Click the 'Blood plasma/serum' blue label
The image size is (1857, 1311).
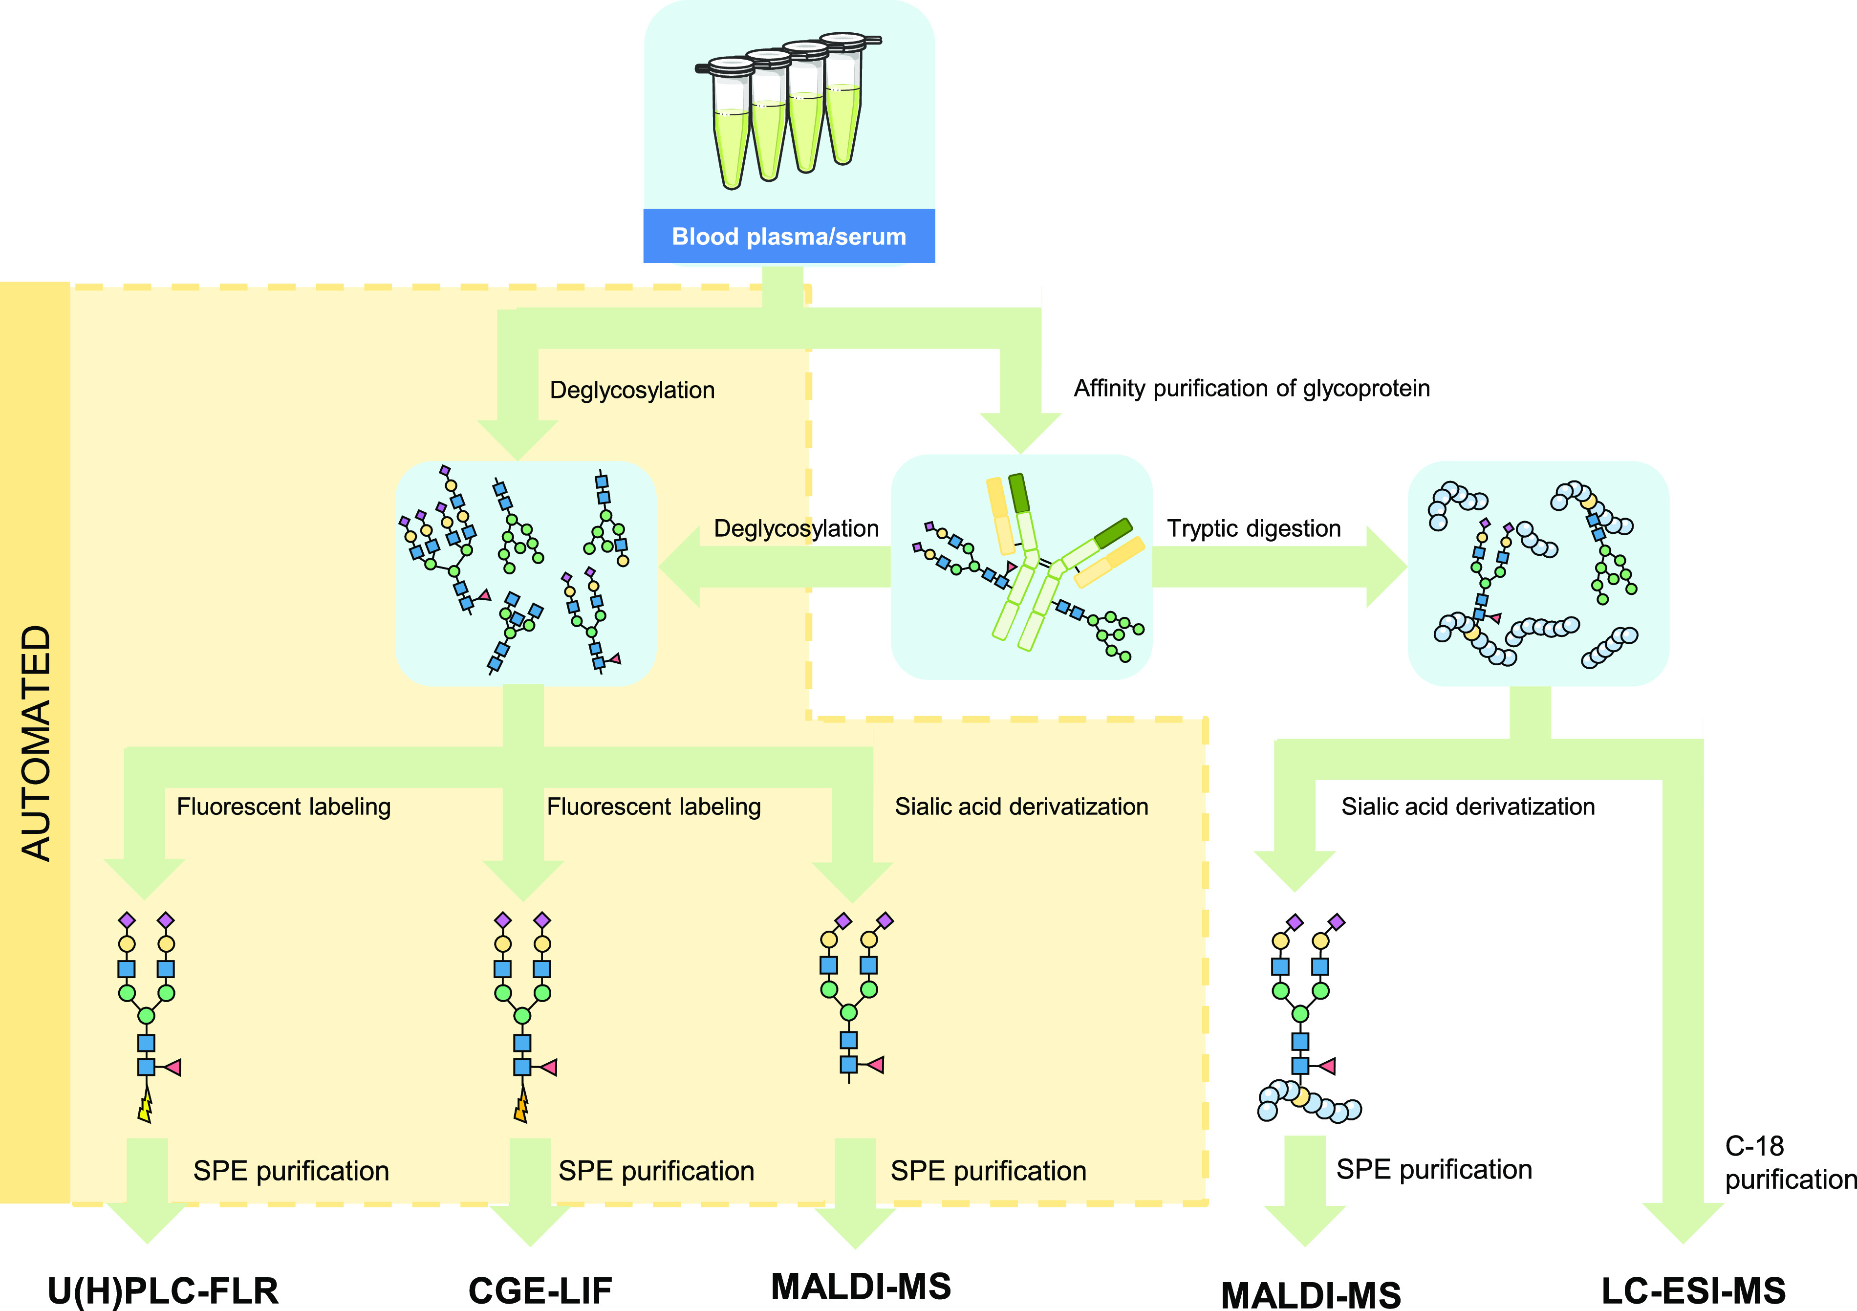click(x=789, y=236)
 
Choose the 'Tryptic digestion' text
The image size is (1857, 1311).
click(x=1253, y=528)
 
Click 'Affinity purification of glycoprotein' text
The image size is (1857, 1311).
click(x=1251, y=389)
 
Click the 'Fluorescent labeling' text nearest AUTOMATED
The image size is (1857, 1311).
click(x=284, y=807)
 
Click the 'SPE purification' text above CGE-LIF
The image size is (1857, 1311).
click(x=656, y=1171)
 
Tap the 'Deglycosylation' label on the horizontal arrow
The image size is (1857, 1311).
click(x=796, y=528)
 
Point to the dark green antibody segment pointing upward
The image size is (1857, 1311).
click(x=1019, y=492)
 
